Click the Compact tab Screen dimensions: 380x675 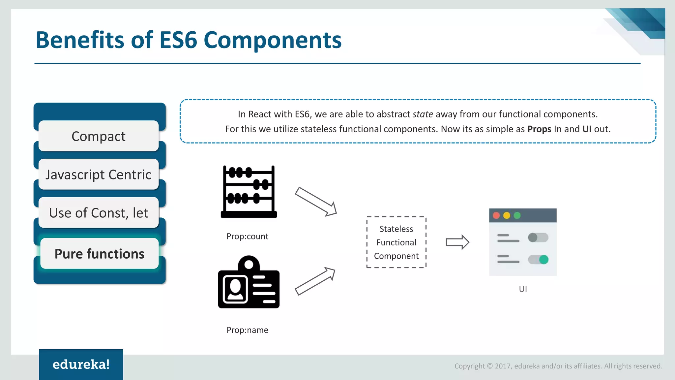99,136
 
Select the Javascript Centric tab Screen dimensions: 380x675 99,174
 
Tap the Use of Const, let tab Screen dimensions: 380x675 99,213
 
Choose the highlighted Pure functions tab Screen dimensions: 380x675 99,254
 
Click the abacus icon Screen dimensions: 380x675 249,192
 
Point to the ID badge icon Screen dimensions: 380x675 249,283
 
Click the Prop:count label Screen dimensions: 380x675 247,237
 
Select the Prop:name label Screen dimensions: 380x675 247,330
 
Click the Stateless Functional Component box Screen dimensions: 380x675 396,242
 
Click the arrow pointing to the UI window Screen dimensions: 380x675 457,242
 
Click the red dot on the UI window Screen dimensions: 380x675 496,216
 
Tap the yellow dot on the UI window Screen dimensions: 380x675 507,216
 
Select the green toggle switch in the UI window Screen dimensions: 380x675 538,260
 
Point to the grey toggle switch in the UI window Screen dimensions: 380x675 538,237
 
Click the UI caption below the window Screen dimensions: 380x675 523,289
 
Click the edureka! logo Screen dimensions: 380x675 81,364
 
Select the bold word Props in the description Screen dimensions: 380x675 539,129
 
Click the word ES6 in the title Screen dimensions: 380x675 178,40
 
